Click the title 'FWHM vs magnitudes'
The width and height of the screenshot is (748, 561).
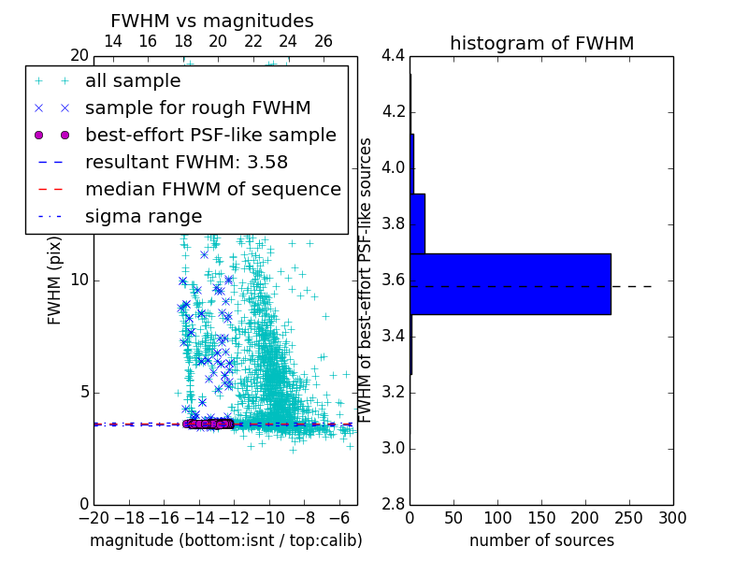(x=212, y=21)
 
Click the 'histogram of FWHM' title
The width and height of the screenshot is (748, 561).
(x=541, y=43)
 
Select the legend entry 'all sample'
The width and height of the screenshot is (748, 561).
(x=132, y=81)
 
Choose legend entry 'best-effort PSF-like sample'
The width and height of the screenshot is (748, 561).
(x=210, y=135)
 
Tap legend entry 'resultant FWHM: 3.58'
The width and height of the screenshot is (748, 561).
(x=186, y=162)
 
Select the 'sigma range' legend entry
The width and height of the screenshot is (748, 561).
(x=143, y=216)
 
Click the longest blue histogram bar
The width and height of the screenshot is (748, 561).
(x=511, y=283)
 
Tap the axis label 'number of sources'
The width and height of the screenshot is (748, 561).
(x=541, y=540)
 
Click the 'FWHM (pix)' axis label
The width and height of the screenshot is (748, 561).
(x=55, y=280)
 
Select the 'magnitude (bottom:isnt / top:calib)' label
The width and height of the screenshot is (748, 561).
(x=225, y=540)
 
